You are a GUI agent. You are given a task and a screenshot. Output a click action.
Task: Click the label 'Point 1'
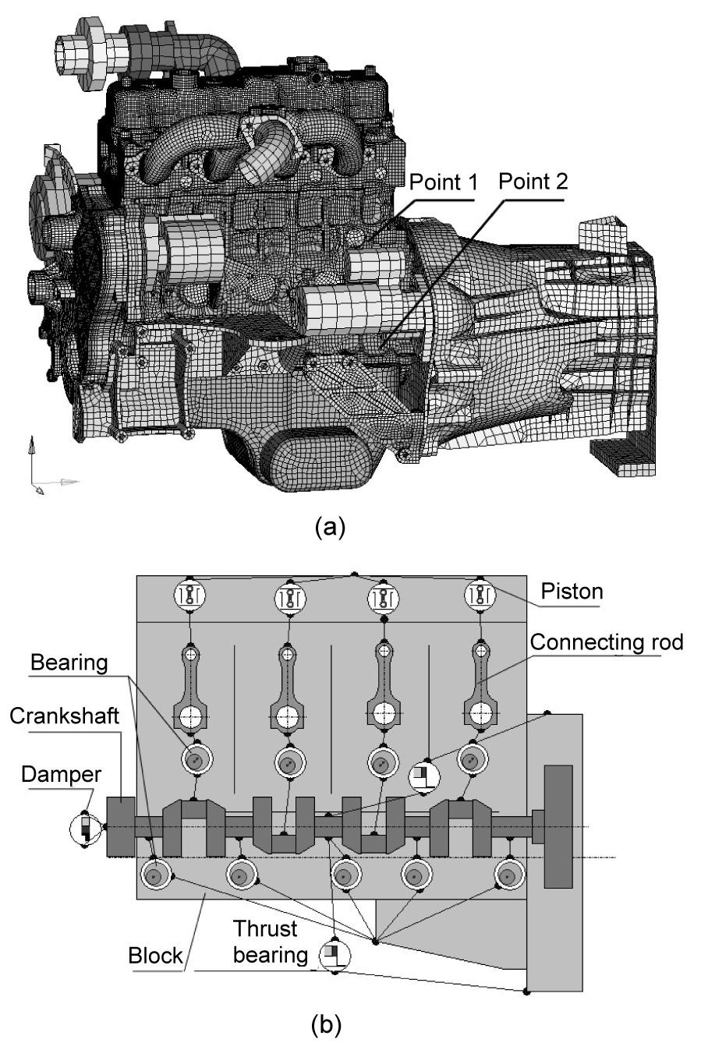442,183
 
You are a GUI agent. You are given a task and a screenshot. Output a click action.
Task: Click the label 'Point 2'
533,182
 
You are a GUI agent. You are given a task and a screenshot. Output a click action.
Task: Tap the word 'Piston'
572,592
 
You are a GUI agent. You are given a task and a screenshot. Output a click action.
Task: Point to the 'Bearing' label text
69,663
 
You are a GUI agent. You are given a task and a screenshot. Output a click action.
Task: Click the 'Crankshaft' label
64,716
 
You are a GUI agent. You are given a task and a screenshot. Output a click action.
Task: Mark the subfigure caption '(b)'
326,1027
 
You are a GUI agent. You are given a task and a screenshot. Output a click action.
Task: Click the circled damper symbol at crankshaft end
85,829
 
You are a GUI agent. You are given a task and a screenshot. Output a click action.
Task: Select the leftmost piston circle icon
189,596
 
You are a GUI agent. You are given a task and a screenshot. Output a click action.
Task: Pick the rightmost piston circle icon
480,596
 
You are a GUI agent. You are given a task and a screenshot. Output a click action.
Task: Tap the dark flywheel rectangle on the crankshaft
558,826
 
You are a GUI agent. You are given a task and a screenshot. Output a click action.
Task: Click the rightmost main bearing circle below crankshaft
508,875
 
